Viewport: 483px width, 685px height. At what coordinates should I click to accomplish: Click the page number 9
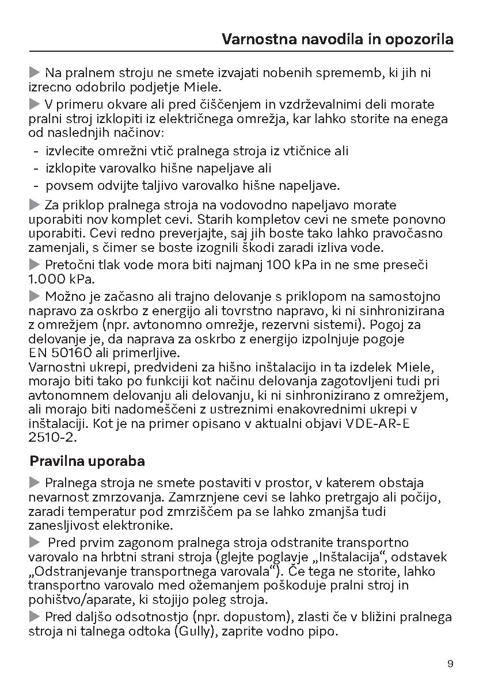[450, 664]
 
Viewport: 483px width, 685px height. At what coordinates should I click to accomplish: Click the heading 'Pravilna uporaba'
[87, 461]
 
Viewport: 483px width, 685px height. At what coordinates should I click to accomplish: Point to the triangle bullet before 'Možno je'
[34, 296]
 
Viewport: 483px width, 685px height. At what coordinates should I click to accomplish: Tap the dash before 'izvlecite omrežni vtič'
[36, 151]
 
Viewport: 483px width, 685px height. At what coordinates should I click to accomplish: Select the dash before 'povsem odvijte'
[36, 185]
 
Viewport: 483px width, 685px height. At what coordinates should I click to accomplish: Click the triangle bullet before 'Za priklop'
[34, 205]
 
